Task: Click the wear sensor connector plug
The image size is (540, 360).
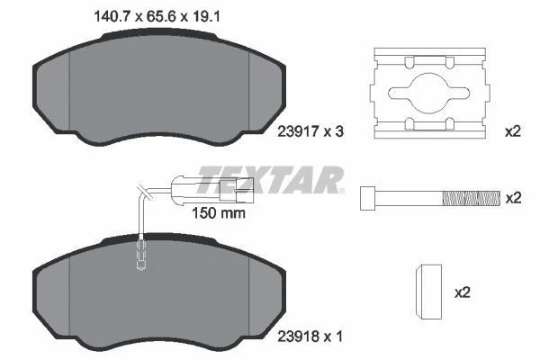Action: tap(236, 190)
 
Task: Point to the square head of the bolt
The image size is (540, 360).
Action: tap(367, 197)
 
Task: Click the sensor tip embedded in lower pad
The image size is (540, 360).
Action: tap(139, 256)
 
